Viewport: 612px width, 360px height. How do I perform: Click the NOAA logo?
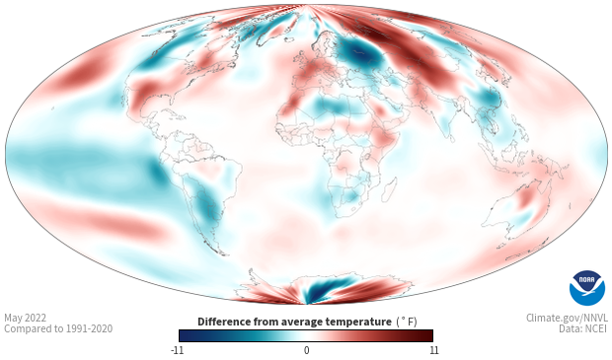coord(587,288)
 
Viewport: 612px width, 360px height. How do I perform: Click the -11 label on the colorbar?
coord(178,350)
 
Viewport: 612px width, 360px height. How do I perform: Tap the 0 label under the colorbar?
coord(306,350)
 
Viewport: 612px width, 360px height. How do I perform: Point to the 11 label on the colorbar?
coord(433,350)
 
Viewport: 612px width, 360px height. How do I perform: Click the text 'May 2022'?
coord(25,318)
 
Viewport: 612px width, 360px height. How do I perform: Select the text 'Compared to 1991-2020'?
coord(58,328)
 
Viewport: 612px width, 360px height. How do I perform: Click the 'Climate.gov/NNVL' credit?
coord(567,318)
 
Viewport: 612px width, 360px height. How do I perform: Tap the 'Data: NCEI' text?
coord(583,328)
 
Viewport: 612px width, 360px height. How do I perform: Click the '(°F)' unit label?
coord(407,323)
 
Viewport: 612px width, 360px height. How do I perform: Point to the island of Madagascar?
coord(389,188)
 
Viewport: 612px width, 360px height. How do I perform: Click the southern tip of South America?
coord(222,253)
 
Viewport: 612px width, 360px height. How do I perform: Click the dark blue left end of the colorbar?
coord(184,335)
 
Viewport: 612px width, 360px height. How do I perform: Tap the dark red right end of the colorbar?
coord(428,335)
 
